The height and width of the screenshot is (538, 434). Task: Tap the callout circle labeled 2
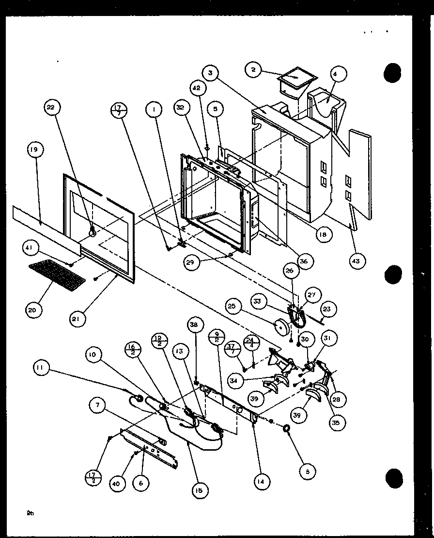253,70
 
